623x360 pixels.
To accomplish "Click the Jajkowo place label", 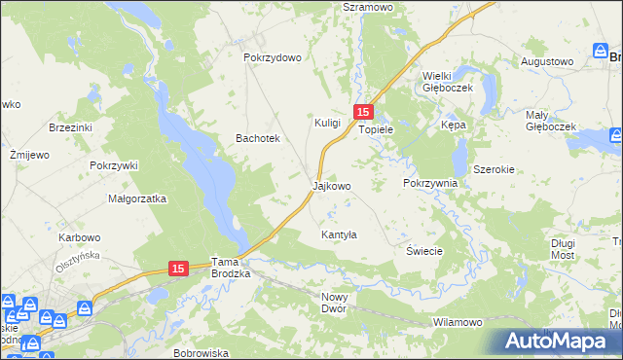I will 331,185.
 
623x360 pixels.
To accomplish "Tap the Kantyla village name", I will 340,235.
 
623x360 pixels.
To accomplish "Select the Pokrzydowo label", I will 273,57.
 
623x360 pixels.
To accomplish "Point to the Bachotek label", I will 258,139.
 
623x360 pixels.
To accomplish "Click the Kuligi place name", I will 327,123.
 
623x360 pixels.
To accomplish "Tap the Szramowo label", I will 367,6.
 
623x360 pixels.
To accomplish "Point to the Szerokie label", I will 494,169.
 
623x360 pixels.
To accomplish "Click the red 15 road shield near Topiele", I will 363,112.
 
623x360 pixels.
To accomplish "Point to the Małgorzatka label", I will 137,198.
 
